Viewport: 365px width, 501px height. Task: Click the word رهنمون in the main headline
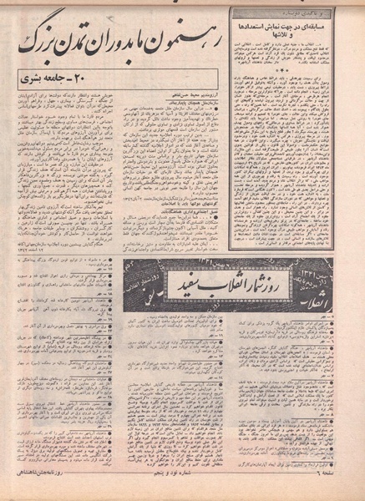tap(195, 38)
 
